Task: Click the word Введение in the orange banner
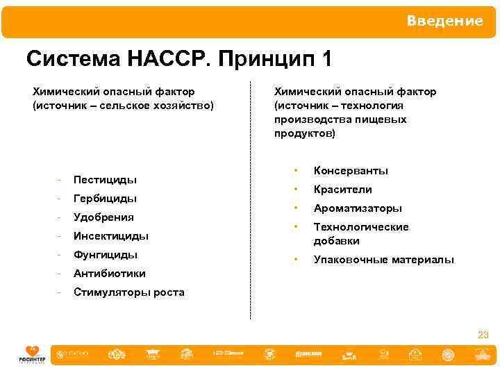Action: tap(444, 21)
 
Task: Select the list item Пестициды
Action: tap(105, 180)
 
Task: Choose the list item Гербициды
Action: tap(105, 199)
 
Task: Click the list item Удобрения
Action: tap(103, 217)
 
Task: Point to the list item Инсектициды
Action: tap(111, 236)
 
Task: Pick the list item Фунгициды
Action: tap(105, 255)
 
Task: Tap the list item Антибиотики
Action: tap(109, 274)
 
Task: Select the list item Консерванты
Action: tap(351, 171)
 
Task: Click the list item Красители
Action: tap(342, 190)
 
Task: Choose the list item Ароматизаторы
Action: tap(358, 208)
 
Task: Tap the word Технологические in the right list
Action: tap(361, 227)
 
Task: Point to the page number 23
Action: tap(483, 335)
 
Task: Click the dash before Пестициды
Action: tap(61, 180)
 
